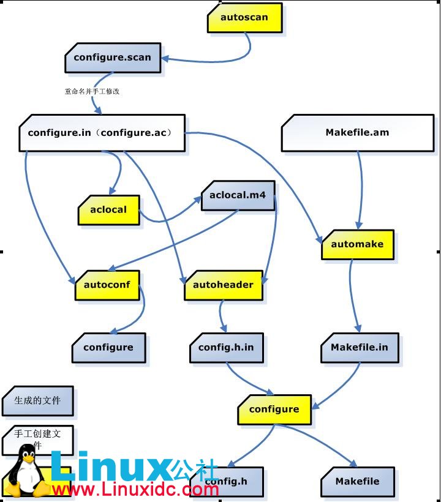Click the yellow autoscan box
coord(244,18)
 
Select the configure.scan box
coord(113,58)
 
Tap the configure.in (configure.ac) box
coord(102,132)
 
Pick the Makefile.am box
coord(357,132)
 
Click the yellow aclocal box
coord(108,210)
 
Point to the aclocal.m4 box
coord(238,196)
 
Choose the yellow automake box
coord(357,244)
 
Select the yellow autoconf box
coord(107,285)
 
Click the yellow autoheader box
coord(223,285)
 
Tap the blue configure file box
coord(108,348)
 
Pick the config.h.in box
coord(226,348)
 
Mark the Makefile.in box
coord(360,348)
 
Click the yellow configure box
coord(274,410)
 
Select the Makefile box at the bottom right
coord(358,482)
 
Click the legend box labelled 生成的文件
coord(37,401)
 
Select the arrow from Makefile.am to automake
coord(360,190)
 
